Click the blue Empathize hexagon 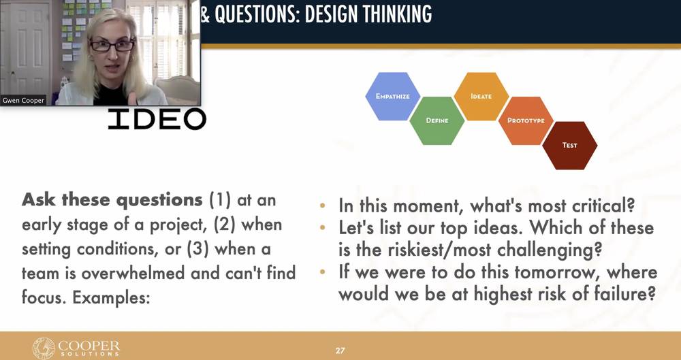point(393,97)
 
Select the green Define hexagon point(437,120)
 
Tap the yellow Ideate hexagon point(481,97)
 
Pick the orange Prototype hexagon point(526,120)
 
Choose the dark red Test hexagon point(570,146)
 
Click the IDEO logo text point(157,119)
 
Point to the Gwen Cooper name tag point(23,100)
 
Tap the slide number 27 point(340,350)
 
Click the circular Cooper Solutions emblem point(44,348)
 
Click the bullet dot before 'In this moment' point(322,206)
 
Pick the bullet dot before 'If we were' point(322,272)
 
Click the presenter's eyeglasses point(112,45)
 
